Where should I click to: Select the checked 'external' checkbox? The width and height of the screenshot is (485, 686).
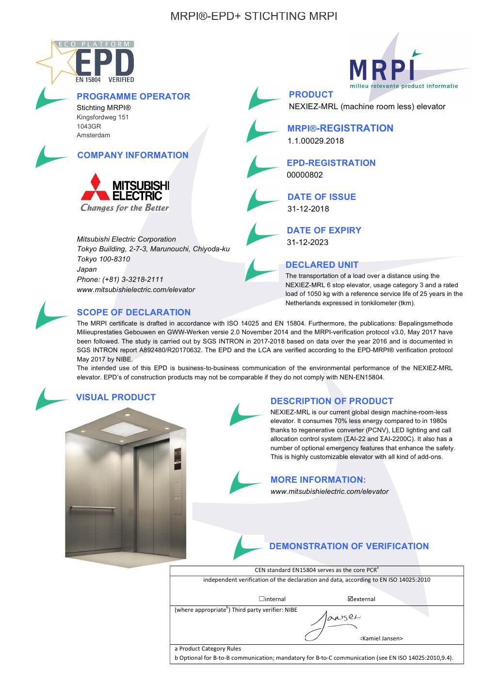350,599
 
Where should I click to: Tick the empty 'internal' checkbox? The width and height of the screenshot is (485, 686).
261,599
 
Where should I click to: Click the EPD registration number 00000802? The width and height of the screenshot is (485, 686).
305,175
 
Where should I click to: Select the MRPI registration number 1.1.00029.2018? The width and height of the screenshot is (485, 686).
315,141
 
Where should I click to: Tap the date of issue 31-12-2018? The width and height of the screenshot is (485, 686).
308,209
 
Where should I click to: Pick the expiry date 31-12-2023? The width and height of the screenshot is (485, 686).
307,242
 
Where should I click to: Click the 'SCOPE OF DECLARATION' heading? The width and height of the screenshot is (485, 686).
134,312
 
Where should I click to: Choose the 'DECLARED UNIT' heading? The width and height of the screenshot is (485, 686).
322,265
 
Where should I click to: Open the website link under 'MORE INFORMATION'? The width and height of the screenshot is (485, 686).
329,491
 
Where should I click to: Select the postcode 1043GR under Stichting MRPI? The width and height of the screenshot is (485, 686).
89,126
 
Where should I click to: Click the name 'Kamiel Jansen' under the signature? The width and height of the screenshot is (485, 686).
381,638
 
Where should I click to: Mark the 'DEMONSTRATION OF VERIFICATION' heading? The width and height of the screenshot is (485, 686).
349,546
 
